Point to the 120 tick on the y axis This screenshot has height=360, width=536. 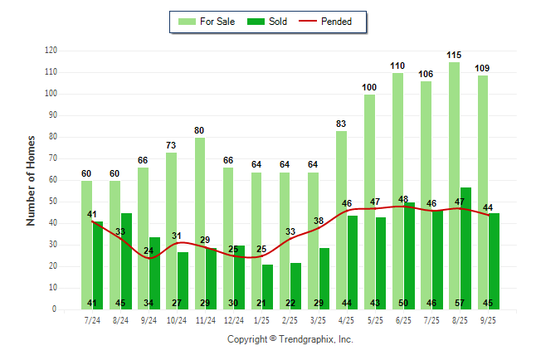[x=51, y=51]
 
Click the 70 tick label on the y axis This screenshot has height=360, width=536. [x=52, y=158]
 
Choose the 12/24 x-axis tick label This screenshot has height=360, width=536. [x=233, y=319]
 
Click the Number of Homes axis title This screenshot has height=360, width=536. [x=32, y=180]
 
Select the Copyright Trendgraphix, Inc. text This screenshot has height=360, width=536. [x=290, y=339]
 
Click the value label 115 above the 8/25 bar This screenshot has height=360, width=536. [x=454, y=56]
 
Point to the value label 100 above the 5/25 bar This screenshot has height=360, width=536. [x=369, y=87]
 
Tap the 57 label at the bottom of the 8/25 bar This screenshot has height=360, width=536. [x=465, y=303]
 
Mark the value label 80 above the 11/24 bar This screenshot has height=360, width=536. [x=200, y=130]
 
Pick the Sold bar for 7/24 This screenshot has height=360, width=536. [x=98, y=257]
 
